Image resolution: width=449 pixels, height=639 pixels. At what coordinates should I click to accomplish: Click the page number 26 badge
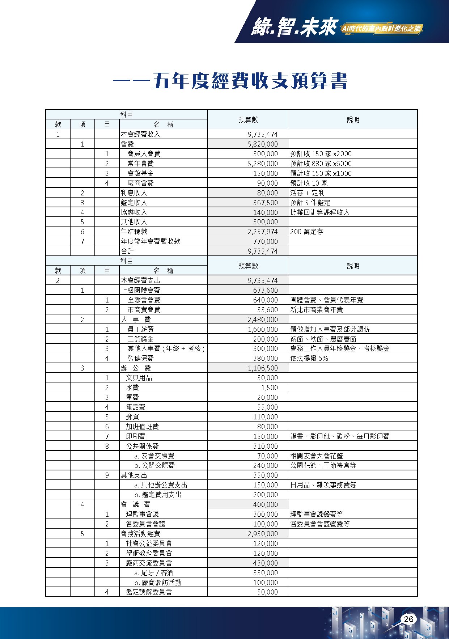coord(408,619)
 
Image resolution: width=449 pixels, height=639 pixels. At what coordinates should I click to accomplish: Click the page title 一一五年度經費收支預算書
coord(230,81)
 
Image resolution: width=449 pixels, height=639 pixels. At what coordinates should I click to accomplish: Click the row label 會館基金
coord(140,173)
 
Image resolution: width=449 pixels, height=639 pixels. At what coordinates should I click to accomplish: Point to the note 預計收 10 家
coord(309,183)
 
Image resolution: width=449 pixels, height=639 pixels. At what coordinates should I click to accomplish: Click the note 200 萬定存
coord(306,232)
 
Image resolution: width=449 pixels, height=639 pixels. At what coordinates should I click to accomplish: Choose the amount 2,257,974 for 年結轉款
coord(263,232)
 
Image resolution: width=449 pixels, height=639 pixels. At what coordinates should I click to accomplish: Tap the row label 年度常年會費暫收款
coord(150,241)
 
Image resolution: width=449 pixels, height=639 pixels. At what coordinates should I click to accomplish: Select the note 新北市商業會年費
coord(316,310)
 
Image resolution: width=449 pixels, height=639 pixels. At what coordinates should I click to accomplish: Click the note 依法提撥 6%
coord(309,358)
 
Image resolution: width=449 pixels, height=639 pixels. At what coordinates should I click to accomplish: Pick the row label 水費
coord(132,388)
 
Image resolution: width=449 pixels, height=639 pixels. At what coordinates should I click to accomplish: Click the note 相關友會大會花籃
coord(316,456)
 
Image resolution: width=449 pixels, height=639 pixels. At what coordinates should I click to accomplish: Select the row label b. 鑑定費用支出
coord(158,495)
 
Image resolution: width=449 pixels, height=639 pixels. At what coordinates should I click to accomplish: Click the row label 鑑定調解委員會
coord(149,592)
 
